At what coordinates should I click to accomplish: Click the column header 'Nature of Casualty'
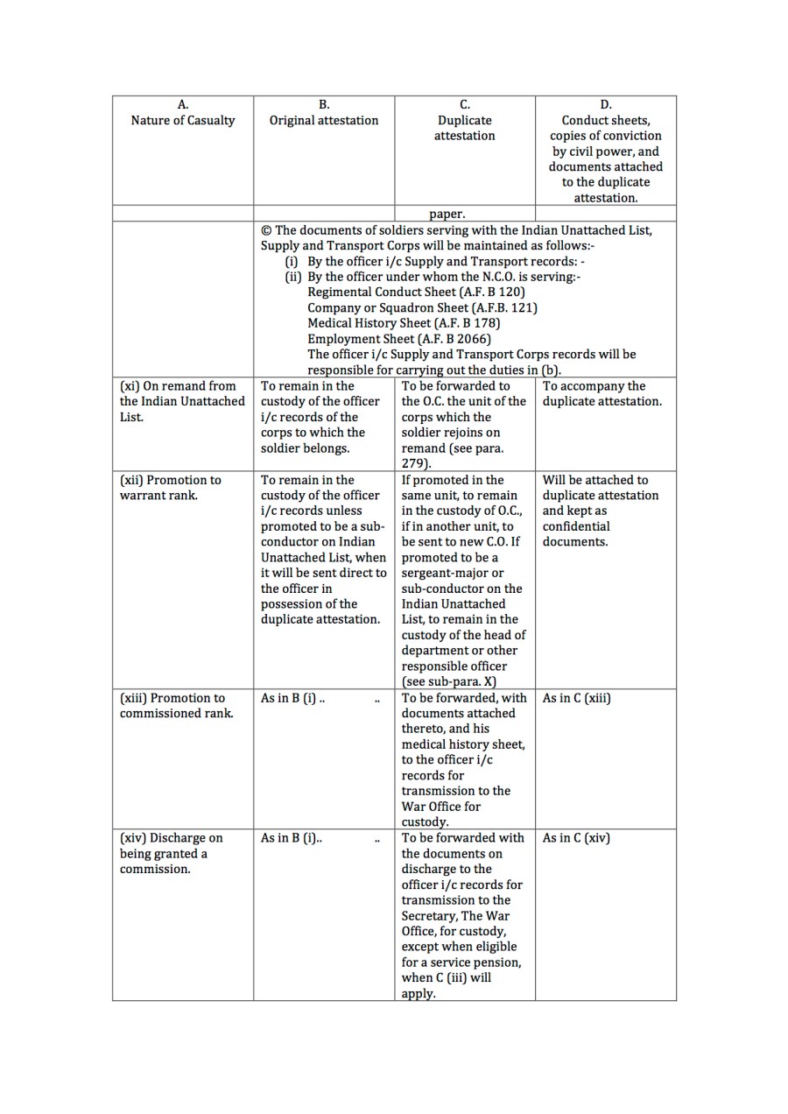coord(183,121)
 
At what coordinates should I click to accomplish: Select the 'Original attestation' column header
coord(324,121)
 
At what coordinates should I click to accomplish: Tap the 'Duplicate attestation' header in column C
coord(465,128)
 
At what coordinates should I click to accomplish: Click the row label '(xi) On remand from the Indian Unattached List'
coord(182,401)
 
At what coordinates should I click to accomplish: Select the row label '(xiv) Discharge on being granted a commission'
coord(172,853)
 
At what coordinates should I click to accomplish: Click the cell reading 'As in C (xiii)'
coord(576,698)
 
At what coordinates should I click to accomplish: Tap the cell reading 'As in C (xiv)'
coord(576,838)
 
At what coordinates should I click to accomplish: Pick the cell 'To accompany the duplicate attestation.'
coord(602,393)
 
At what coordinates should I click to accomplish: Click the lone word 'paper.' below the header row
coord(447,214)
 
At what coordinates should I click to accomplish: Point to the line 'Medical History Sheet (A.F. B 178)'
coord(404,323)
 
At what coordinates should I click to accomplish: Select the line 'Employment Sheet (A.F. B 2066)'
coord(399,339)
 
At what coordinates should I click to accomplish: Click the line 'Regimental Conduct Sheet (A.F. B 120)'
coord(416,292)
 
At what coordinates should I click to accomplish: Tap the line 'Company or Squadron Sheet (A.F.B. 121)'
coord(422,307)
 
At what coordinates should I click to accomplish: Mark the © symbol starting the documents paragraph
coord(266,230)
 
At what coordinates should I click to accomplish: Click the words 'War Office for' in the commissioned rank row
coord(441,807)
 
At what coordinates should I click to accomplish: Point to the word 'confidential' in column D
coord(576,526)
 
